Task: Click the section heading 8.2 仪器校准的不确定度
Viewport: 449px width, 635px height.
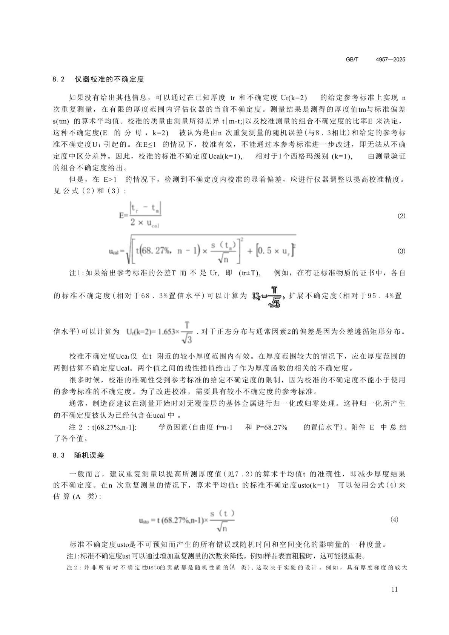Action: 98,80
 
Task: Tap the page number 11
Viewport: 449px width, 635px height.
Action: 395,590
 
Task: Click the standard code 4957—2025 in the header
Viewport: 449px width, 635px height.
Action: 391,60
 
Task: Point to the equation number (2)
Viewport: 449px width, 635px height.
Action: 401,216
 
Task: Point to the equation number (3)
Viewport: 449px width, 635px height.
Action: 401,251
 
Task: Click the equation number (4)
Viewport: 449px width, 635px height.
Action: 394,520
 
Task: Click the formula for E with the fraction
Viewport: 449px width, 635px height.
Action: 140,215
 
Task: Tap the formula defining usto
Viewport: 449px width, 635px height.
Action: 187,520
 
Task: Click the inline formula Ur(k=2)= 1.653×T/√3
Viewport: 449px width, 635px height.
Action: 160,332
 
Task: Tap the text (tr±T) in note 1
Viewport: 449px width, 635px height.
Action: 250,273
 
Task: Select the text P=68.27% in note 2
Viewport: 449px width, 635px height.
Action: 272,428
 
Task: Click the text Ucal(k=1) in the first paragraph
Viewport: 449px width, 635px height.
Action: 225,156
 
